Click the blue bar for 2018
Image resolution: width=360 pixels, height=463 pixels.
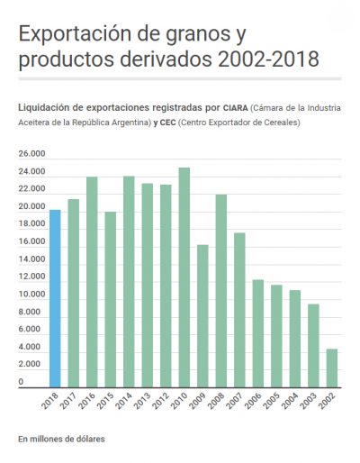coord(55,298)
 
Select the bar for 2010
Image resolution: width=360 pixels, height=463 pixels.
coord(184,277)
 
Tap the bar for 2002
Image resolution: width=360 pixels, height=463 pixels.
coord(332,368)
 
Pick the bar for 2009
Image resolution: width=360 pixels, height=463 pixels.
coord(202,316)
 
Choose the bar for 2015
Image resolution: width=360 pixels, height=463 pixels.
coord(111,300)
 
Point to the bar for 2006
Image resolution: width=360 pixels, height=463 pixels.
coord(258,333)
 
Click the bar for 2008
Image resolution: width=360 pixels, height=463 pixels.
coord(221,291)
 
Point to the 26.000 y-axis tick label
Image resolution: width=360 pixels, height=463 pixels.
coord(31,153)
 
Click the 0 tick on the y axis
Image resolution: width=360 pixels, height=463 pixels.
coord(21,382)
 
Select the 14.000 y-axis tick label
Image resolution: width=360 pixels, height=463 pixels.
coord(31,259)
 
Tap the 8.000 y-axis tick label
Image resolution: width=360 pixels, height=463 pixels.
coord(29,312)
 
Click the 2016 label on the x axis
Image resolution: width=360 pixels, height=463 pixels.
coord(86,401)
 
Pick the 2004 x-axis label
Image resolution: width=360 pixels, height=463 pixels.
coord(290,401)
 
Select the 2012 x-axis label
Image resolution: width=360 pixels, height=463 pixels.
coord(160,401)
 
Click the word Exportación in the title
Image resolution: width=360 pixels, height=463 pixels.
coord(75,34)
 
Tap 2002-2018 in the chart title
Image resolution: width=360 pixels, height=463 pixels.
coord(268,59)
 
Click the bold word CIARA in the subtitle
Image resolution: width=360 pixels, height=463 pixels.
coord(236,108)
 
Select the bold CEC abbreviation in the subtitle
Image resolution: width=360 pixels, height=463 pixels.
coord(167,123)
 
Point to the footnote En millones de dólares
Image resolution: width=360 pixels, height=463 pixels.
coord(61,439)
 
